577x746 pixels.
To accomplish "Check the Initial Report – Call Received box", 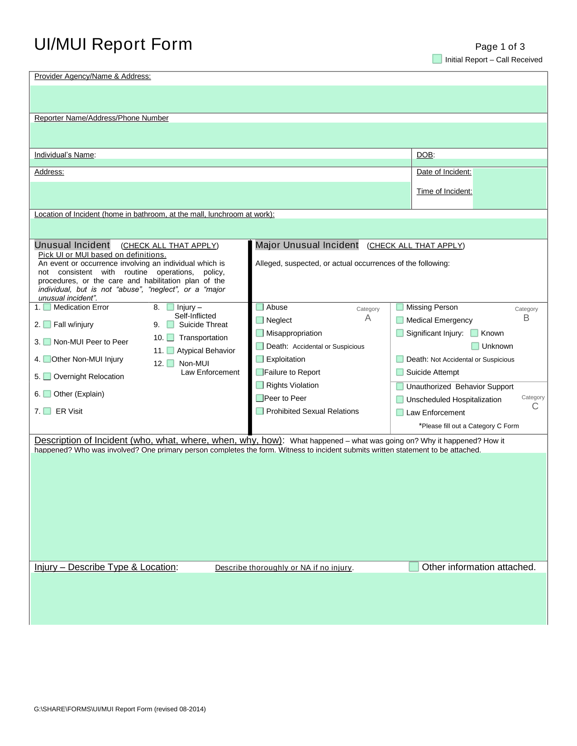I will [x=437, y=59].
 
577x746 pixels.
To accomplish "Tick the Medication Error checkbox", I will [x=47, y=307].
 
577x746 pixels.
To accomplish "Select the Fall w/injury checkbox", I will [x=47, y=324].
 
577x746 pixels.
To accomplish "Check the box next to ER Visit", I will [x=47, y=411].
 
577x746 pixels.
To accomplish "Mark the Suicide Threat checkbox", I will [x=171, y=324].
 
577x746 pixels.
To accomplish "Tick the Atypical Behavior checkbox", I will [x=171, y=350].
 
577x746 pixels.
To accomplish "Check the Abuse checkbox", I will [x=260, y=307].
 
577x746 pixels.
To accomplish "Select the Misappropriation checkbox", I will [x=260, y=333].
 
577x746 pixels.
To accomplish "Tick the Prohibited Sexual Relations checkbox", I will [x=260, y=411].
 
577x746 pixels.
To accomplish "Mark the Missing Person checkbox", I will [x=400, y=307].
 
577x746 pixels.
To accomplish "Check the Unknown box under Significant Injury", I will [x=475, y=346].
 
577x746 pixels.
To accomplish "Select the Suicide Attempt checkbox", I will [x=400, y=372].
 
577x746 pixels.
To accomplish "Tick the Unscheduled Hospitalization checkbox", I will [x=400, y=399].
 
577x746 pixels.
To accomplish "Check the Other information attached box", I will [x=414, y=566].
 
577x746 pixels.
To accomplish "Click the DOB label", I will [x=425, y=155].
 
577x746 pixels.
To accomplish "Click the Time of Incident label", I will [x=444, y=191].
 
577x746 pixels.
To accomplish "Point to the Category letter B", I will [x=526, y=318].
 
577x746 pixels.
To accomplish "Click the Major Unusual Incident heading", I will [x=307, y=245].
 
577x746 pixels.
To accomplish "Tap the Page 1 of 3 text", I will [x=500, y=47].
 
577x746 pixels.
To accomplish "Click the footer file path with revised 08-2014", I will [x=120, y=709].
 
